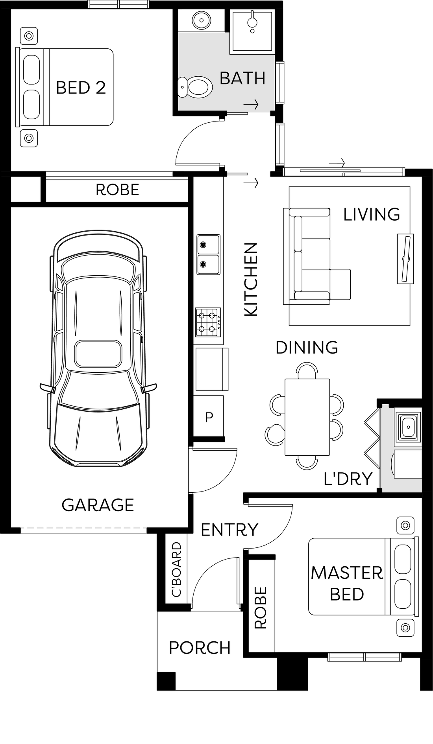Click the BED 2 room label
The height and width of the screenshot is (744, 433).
point(81,88)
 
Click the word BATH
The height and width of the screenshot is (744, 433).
point(242,78)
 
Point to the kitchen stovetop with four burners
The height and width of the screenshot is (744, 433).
point(208,322)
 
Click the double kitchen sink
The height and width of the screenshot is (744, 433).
point(208,254)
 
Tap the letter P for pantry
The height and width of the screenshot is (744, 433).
point(209,417)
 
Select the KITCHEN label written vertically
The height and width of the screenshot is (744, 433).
point(251,279)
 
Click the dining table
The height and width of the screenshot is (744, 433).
point(307,417)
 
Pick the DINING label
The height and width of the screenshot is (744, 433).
point(307,348)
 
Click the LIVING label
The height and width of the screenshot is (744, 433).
point(372,214)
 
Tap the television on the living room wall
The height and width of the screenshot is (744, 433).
point(405,258)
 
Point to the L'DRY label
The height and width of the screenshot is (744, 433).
point(348,479)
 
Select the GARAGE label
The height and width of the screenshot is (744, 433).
point(98,505)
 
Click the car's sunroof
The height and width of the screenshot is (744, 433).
point(98,354)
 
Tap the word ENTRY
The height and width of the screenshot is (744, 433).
point(229,530)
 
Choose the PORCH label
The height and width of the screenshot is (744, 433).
point(200,648)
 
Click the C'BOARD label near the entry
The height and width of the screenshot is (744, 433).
point(176,569)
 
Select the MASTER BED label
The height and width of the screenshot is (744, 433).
point(347,584)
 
